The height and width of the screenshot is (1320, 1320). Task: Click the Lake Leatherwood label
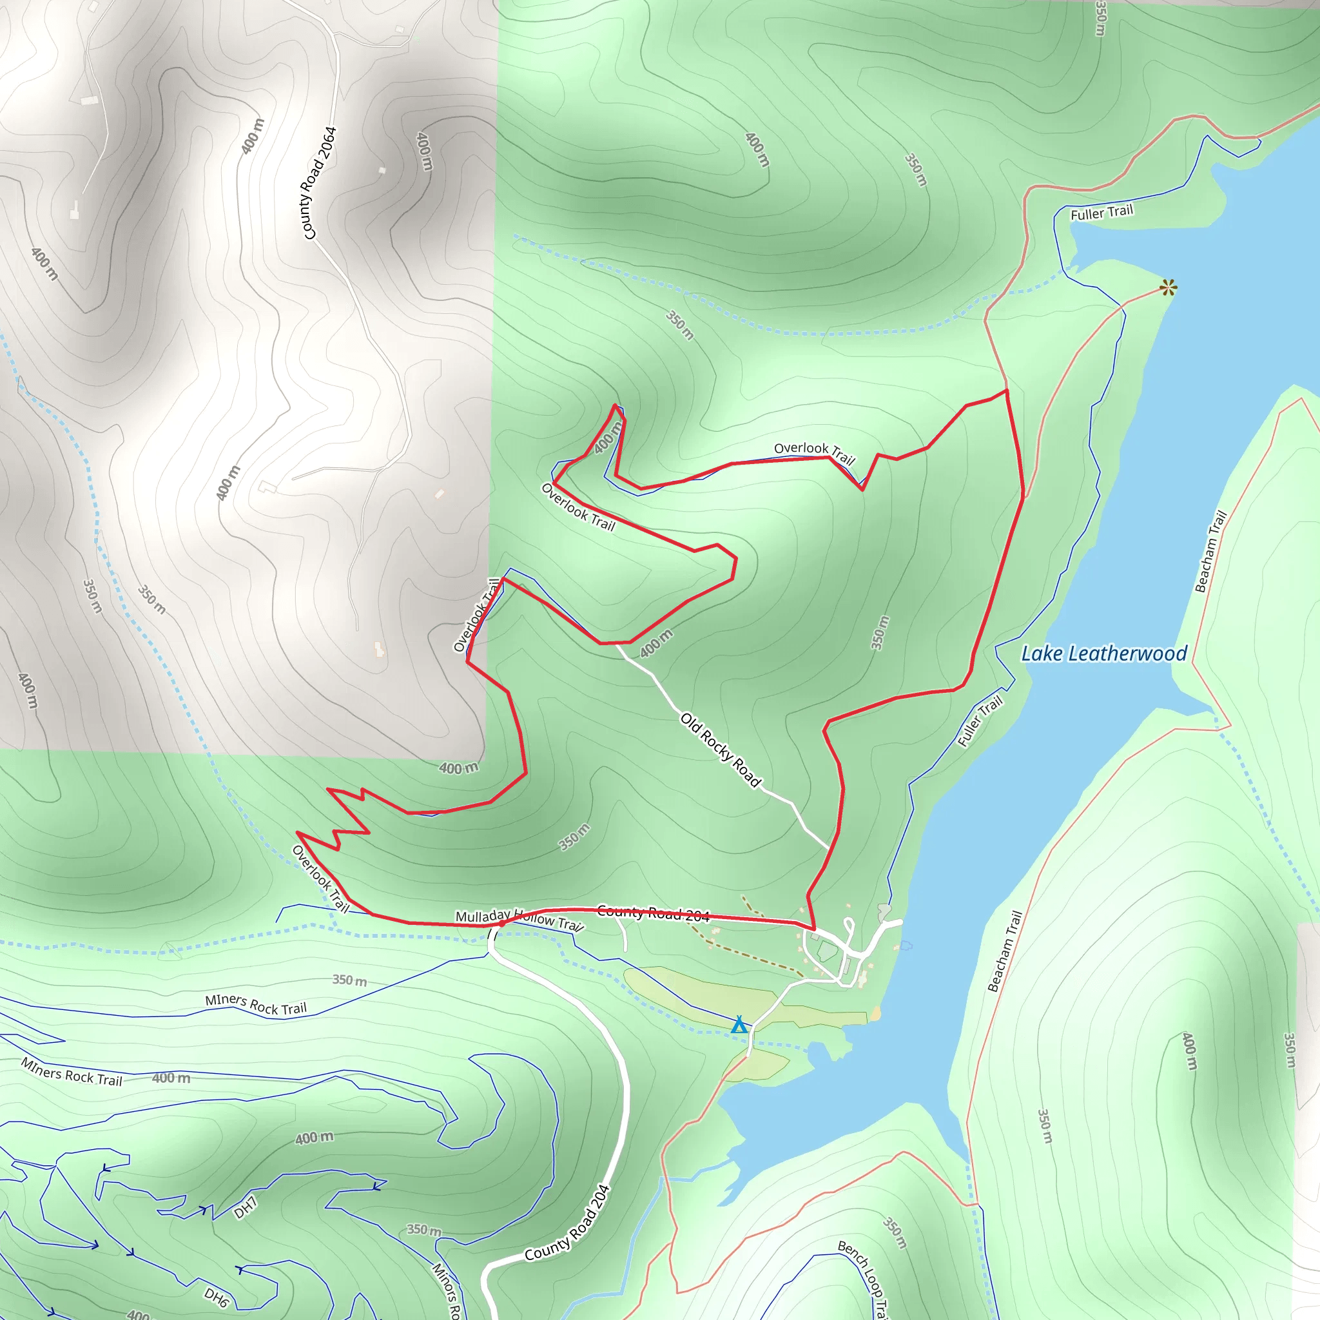pyautogui.click(x=1104, y=654)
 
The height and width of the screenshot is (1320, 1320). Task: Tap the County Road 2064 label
pyautogui.click(x=320, y=182)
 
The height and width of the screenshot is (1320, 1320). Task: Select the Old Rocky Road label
pyautogui.click(x=720, y=750)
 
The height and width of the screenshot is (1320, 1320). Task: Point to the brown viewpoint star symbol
pyautogui.click(x=1169, y=287)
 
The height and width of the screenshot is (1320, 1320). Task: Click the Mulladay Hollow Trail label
pyautogui.click(x=519, y=919)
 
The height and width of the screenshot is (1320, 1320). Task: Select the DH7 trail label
pyautogui.click(x=246, y=1208)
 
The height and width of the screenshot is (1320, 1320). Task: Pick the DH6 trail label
pyautogui.click(x=216, y=1297)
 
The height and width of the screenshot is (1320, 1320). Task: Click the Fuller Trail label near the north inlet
pyautogui.click(x=1102, y=213)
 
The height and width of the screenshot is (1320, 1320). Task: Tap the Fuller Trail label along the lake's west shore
pyautogui.click(x=980, y=721)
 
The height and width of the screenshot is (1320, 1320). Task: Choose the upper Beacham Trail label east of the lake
pyautogui.click(x=1210, y=550)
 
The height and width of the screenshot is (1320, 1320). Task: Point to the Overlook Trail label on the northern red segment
pyautogui.click(x=815, y=452)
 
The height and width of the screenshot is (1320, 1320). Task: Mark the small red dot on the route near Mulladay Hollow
pyautogui.click(x=501, y=923)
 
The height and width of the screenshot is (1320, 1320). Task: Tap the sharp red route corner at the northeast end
pyautogui.click(x=1006, y=391)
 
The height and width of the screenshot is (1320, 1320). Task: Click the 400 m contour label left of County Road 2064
pyautogui.click(x=253, y=136)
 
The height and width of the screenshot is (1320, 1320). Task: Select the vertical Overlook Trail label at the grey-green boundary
pyautogui.click(x=476, y=615)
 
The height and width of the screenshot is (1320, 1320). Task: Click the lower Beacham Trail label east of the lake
pyautogui.click(x=1004, y=951)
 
